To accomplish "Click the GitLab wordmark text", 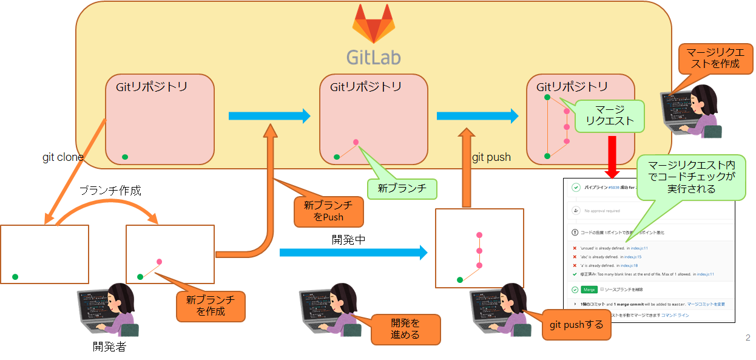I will tap(373, 56).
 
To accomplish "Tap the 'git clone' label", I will tap(63, 157).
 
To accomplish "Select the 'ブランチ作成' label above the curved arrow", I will tap(110, 190).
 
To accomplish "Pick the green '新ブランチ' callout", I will tap(402, 189).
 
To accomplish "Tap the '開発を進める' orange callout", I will tap(405, 328).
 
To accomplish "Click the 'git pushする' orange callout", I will tap(576, 325).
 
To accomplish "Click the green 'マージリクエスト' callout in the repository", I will tap(609, 115).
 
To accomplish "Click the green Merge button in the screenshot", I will tap(589, 290).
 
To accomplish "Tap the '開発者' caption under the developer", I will tap(109, 347).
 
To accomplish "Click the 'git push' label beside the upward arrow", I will tap(492, 157).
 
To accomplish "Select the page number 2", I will tap(747, 338).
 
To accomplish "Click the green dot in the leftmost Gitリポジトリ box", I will tap(125, 157).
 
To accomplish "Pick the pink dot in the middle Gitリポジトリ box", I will tap(356, 142).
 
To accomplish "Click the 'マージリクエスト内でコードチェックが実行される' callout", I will tap(692, 177).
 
